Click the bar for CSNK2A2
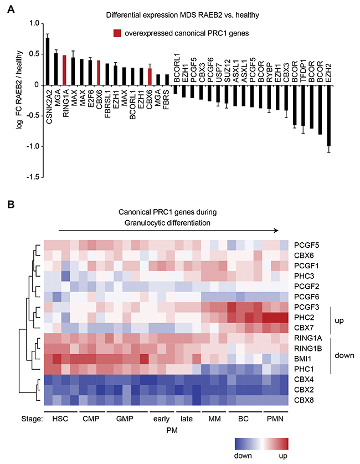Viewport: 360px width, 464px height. (48, 62)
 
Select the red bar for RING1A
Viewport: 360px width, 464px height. (64, 70)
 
